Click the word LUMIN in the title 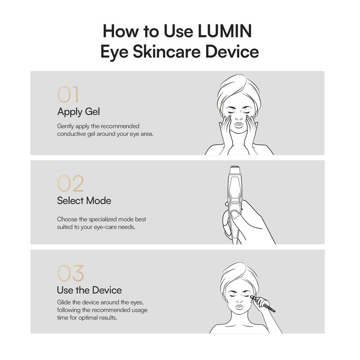click(225, 31)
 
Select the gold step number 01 click(68, 94)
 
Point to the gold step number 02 click(71, 184)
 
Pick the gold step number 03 click(71, 273)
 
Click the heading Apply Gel click(78, 112)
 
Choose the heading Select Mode click(84, 201)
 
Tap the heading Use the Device click(89, 290)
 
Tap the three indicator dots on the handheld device click(234, 203)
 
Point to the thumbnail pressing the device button click(235, 215)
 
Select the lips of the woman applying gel click(238, 126)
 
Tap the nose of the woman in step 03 click(239, 299)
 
